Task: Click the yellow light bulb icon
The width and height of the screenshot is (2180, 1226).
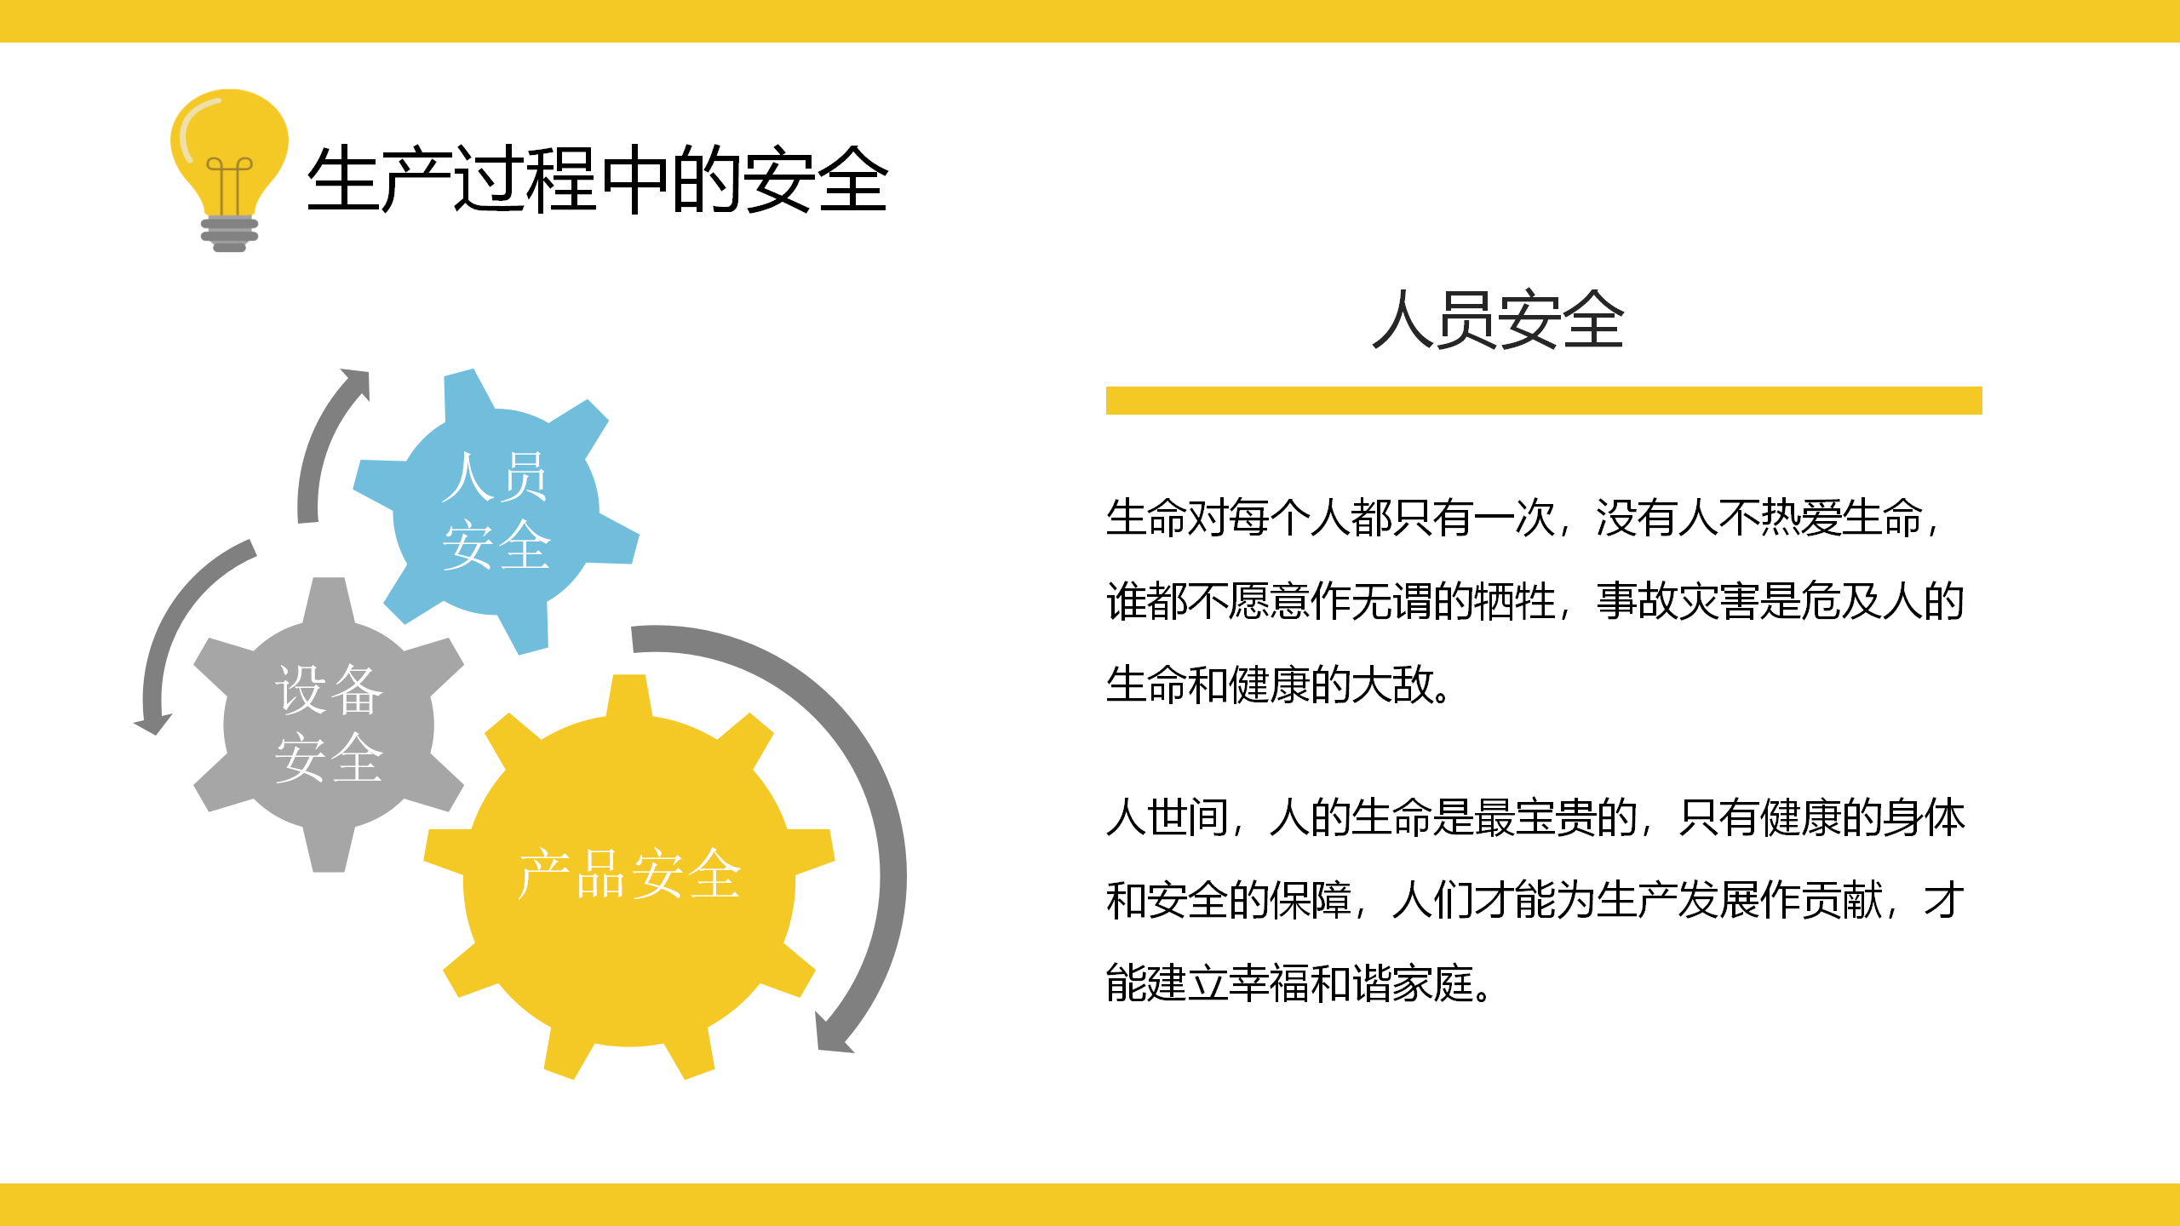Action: [x=229, y=170]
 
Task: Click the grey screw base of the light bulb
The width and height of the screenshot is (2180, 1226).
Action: [x=229, y=233]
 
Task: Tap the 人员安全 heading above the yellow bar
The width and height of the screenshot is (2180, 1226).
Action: [x=1498, y=319]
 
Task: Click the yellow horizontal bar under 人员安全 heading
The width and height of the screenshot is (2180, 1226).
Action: [x=1544, y=400]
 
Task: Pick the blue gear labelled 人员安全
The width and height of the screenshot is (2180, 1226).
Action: [x=496, y=512]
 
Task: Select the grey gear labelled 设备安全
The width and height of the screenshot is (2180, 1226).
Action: [x=329, y=725]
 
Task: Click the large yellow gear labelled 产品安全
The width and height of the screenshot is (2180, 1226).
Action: [x=629, y=877]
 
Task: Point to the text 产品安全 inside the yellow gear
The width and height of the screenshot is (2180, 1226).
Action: [x=629, y=874]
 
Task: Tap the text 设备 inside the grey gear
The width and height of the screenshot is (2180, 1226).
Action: [x=330, y=690]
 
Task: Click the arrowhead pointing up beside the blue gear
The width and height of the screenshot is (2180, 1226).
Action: [x=357, y=383]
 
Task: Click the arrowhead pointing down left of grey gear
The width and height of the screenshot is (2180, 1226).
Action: [x=153, y=723]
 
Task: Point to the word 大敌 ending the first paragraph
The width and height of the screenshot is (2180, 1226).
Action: [x=1391, y=685]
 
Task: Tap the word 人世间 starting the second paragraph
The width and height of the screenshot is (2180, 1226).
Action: [x=1167, y=817]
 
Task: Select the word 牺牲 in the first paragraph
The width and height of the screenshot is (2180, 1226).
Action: [x=1514, y=601]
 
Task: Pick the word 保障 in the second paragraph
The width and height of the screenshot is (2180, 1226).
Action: [x=1310, y=901]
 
